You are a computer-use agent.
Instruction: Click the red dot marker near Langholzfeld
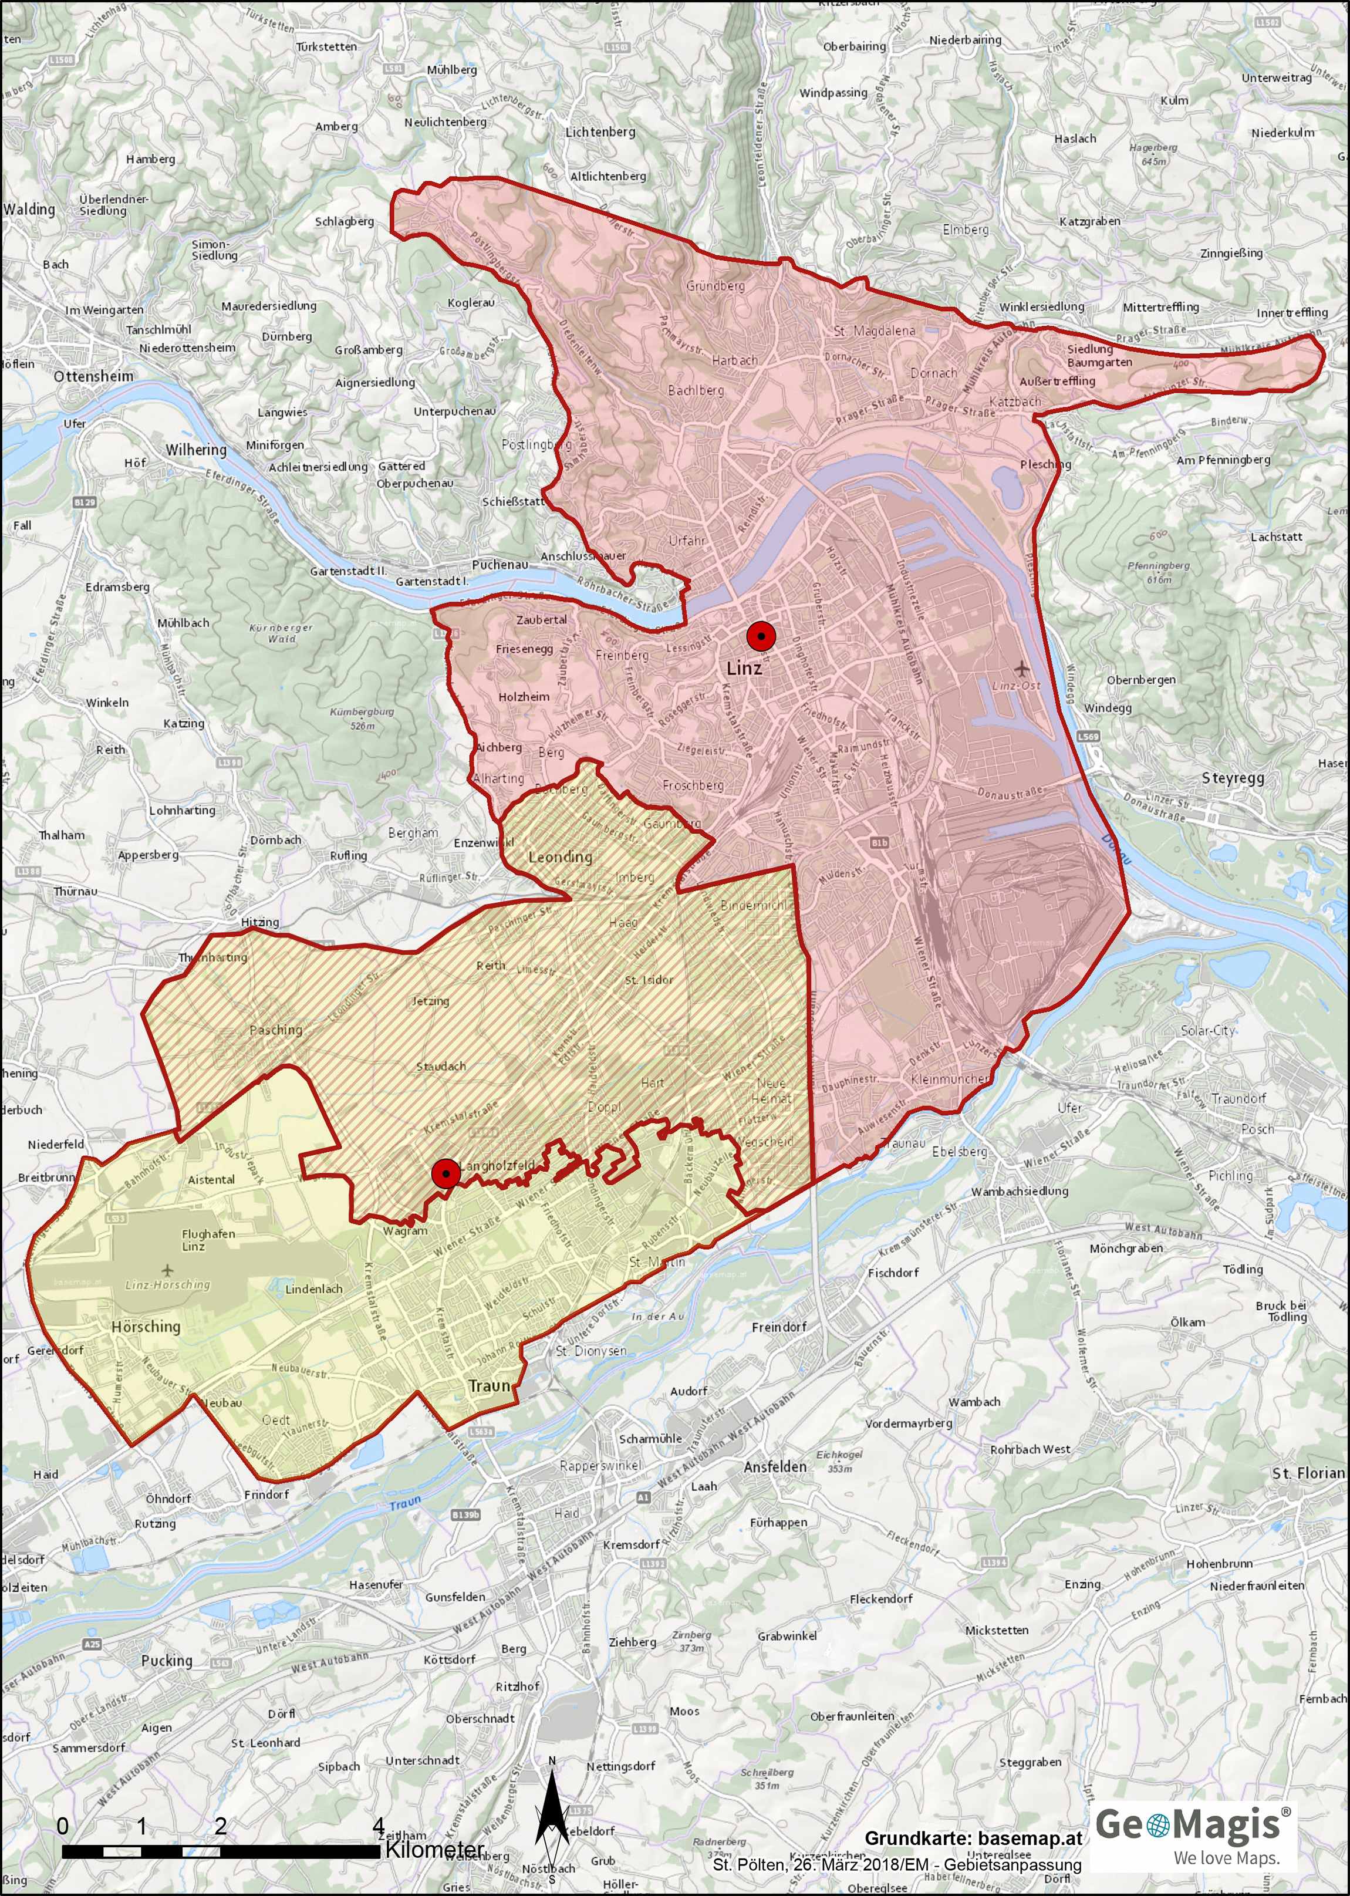pyautogui.click(x=446, y=1173)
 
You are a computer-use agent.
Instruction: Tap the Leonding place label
pyautogui.click(x=561, y=856)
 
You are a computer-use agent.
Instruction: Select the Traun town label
pyautogui.click(x=490, y=1386)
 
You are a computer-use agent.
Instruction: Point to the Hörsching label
pyautogui.click(x=146, y=1327)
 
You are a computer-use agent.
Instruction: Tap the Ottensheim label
pyautogui.click(x=93, y=376)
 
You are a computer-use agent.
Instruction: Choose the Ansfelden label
pyautogui.click(x=775, y=1467)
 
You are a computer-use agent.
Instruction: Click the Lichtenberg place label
pyautogui.click(x=600, y=132)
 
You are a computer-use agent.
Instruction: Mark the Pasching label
pyautogui.click(x=276, y=1030)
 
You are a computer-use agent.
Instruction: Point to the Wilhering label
pyautogui.click(x=195, y=450)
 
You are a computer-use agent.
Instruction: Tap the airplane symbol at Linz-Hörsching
pyautogui.click(x=168, y=1270)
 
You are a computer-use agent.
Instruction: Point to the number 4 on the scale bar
pyautogui.click(x=378, y=1826)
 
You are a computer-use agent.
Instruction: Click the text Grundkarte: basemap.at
pyautogui.click(x=973, y=1838)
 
